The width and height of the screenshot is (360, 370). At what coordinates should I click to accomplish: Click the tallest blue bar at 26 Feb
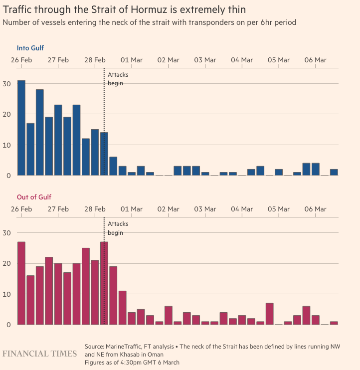tap(21, 128)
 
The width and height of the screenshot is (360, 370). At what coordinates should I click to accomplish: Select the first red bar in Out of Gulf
tap(21, 283)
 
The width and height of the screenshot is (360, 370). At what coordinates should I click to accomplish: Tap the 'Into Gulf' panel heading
tap(31, 48)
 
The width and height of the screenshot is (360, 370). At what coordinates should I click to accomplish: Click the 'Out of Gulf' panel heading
tap(34, 197)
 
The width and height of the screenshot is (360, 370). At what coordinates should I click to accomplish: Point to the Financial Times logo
tap(40, 354)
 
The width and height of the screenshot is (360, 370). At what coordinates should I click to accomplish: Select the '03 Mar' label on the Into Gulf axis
tap(205, 60)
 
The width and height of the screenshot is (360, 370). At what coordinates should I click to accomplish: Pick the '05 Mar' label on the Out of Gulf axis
tap(278, 209)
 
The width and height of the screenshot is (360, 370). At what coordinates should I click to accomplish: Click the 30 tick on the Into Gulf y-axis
tap(6, 83)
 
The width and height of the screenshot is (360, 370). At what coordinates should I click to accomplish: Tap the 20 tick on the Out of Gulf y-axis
tap(6, 263)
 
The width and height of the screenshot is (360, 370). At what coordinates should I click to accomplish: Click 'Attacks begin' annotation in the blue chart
tap(115, 79)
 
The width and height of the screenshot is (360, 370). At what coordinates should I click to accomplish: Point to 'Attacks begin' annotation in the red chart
tap(115, 228)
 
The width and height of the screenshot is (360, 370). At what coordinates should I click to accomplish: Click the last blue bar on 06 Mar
tap(334, 172)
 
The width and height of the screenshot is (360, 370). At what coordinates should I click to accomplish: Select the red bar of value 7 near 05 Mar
tap(269, 314)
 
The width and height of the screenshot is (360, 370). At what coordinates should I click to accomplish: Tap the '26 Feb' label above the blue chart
tap(21, 60)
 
